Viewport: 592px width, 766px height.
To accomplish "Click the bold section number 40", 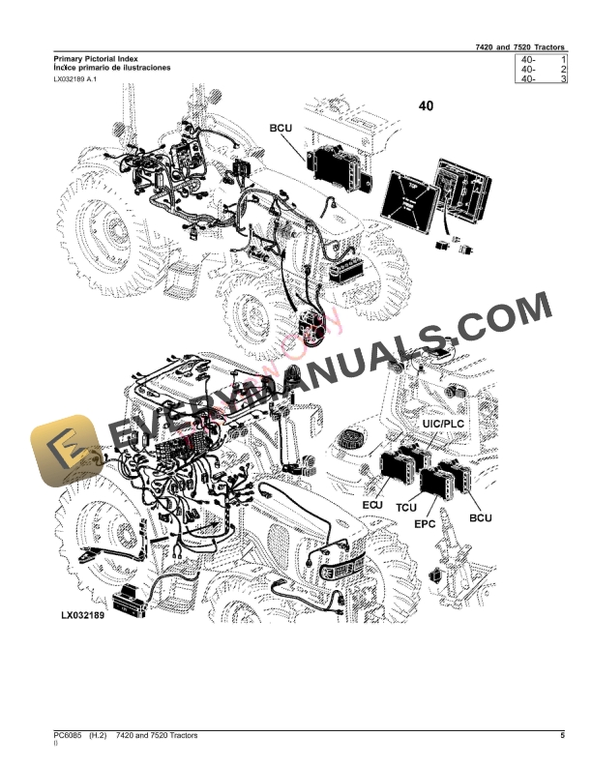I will coord(426,105).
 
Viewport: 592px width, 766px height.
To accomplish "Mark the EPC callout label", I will coord(425,523).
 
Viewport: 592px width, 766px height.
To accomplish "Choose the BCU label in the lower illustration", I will coord(481,518).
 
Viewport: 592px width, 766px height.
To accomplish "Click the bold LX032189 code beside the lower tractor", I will coord(82,615).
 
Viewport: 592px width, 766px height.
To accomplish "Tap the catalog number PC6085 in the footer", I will coord(69,737).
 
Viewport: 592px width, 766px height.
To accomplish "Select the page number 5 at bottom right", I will coord(562,737).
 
